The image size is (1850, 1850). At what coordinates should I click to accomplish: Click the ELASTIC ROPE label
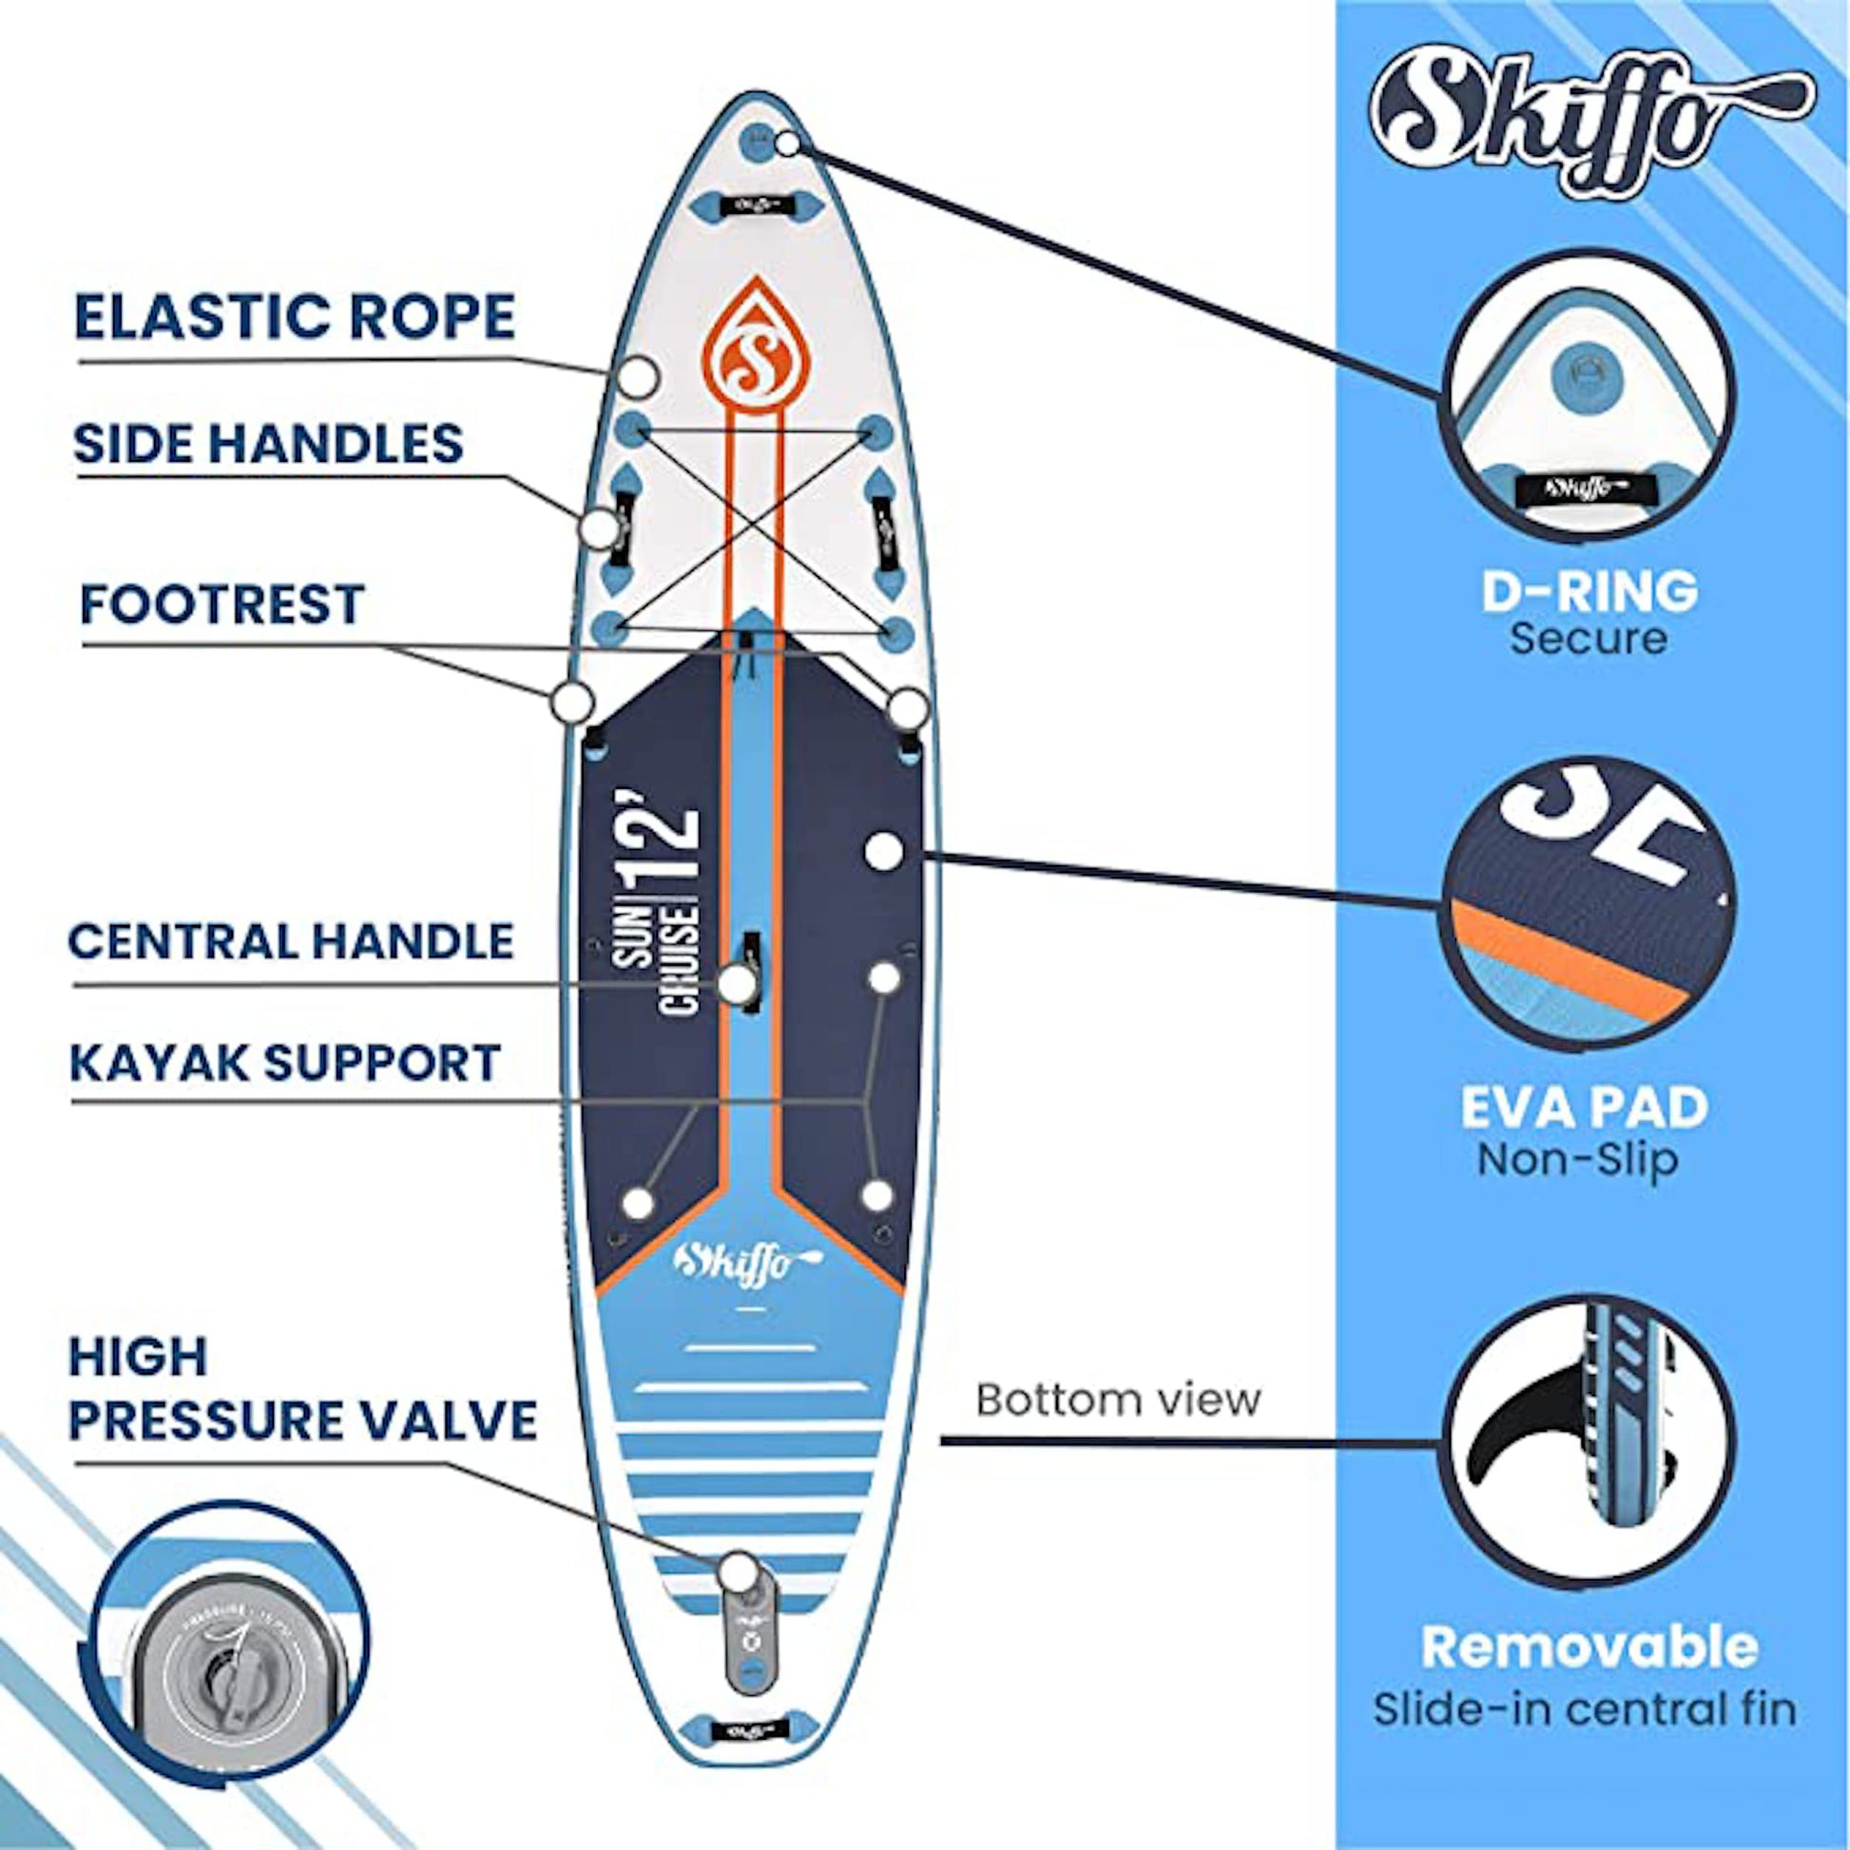pyautogui.click(x=295, y=317)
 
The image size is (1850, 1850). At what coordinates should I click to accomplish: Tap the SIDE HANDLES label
pyautogui.click(x=268, y=443)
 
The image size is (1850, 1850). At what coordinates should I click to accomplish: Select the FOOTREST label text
pyautogui.click(x=222, y=604)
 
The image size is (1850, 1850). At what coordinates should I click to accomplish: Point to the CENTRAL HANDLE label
pyautogui.click(x=291, y=941)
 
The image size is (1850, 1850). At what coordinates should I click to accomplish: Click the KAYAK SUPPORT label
pyautogui.click(x=285, y=1062)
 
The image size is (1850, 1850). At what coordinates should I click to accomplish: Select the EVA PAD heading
pyautogui.click(x=1585, y=1107)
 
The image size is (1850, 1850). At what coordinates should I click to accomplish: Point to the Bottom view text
pyautogui.click(x=1118, y=1400)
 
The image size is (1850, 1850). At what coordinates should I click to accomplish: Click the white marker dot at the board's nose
pyautogui.click(x=787, y=144)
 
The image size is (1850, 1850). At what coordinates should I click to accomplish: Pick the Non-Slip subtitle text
pyautogui.click(x=1578, y=1160)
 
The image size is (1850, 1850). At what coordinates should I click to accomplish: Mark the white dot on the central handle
pyautogui.click(x=737, y=984)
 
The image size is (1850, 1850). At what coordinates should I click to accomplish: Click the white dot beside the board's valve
pyautogui.click(x=738, y=1571)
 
